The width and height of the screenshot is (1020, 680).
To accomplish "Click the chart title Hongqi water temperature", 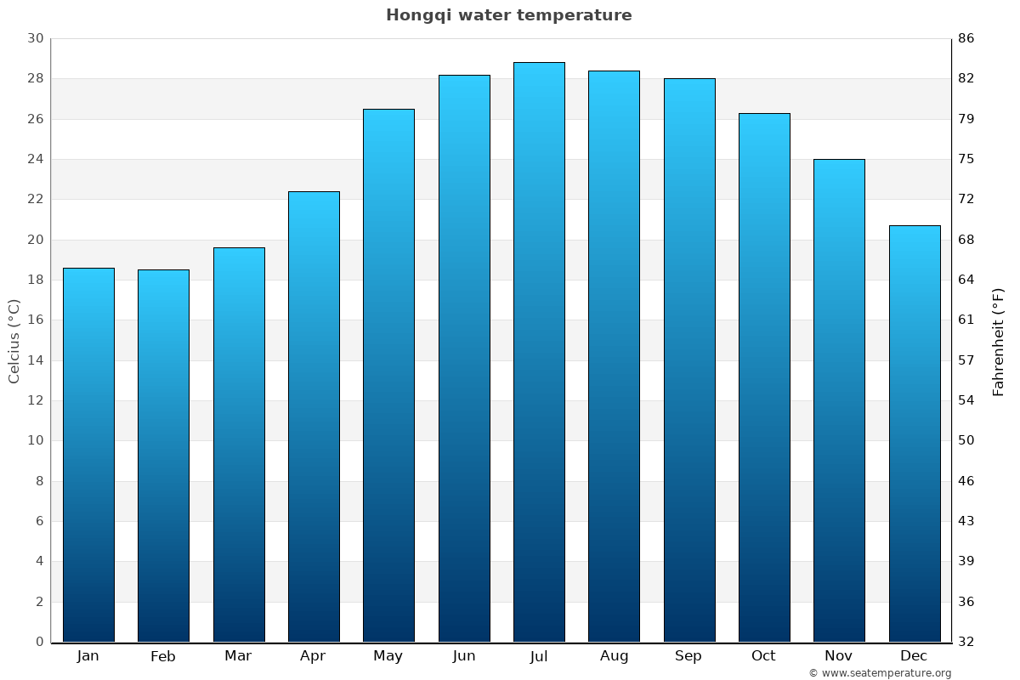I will [508, 15].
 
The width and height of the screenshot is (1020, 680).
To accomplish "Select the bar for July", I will [539, 352].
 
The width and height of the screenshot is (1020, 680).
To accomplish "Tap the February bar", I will [163, 456].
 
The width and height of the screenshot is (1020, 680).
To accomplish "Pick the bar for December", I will [915, 433].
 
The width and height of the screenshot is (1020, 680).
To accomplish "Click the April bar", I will [314, 416].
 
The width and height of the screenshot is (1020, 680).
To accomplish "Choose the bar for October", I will [764, 377].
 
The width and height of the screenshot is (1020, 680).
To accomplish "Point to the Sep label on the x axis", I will [688, 656].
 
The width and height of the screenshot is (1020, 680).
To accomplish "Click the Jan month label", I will [88, 656].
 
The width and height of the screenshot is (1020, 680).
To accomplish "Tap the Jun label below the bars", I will [464, 656].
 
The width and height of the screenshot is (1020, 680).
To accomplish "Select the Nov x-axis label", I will [839, 656].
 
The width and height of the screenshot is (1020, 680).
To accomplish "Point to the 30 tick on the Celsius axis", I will [35, 38].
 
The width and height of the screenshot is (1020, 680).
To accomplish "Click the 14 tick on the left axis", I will [35, 360].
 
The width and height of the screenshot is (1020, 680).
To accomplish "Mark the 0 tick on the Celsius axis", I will [39, 642].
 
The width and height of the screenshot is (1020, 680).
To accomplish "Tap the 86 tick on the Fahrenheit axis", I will [966, 38].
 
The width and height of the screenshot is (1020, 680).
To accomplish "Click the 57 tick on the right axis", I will [966, 360].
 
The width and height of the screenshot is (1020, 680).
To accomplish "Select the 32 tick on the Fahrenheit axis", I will [966, 642].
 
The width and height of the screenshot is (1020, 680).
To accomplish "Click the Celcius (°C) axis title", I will [14, 341].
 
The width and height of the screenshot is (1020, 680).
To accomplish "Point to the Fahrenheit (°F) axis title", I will [999, 341].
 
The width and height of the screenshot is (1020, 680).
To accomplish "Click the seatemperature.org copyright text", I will [879, 673].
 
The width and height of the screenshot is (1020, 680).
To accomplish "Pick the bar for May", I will [388, 375].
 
